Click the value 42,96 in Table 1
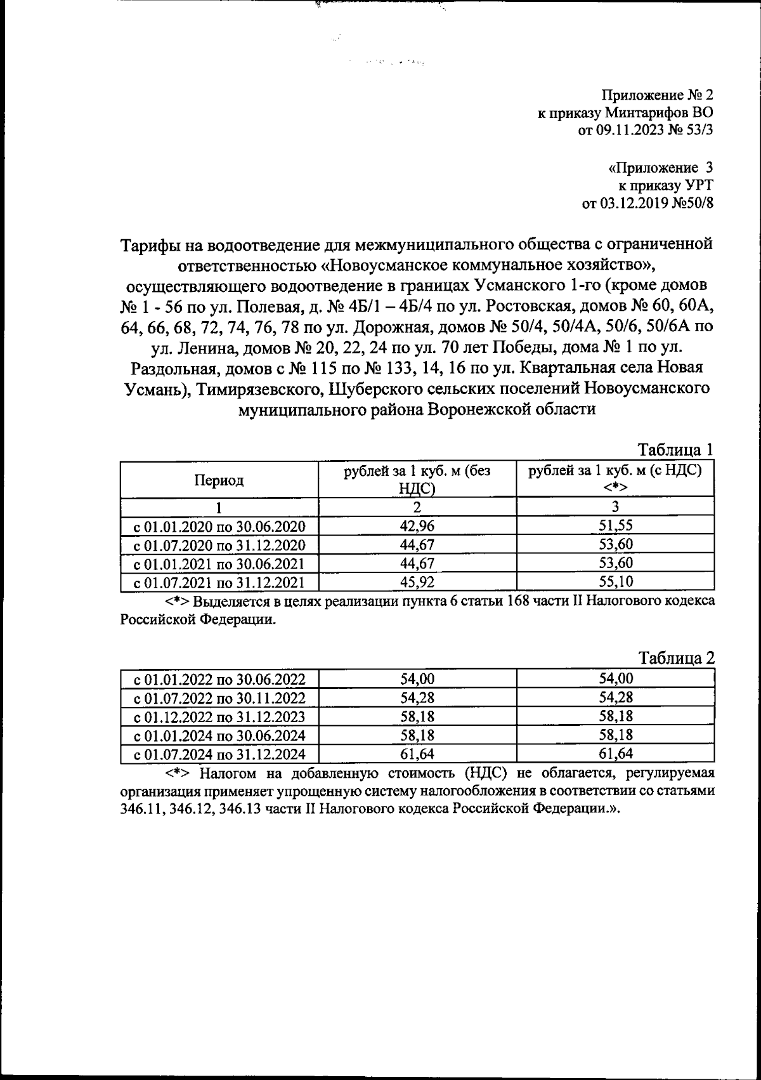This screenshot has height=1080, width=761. coord(417,525)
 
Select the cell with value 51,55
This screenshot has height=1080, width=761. coord(616,525)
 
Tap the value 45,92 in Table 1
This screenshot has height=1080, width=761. coord(417,582)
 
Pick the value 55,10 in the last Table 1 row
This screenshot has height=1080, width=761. coord(616,582)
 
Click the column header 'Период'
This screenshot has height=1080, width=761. coord(219,480)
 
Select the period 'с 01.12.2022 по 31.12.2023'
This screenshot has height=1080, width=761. coord(219,717)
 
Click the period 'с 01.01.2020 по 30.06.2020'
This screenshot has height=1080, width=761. coord(219,526)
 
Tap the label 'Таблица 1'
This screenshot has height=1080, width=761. coord(676,450)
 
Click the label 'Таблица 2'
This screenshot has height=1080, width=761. coord(676,658)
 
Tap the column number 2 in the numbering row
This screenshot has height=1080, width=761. coord(417,507)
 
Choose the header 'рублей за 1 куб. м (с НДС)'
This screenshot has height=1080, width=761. coord(615,472)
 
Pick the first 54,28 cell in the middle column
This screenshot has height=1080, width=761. coord(417,698)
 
